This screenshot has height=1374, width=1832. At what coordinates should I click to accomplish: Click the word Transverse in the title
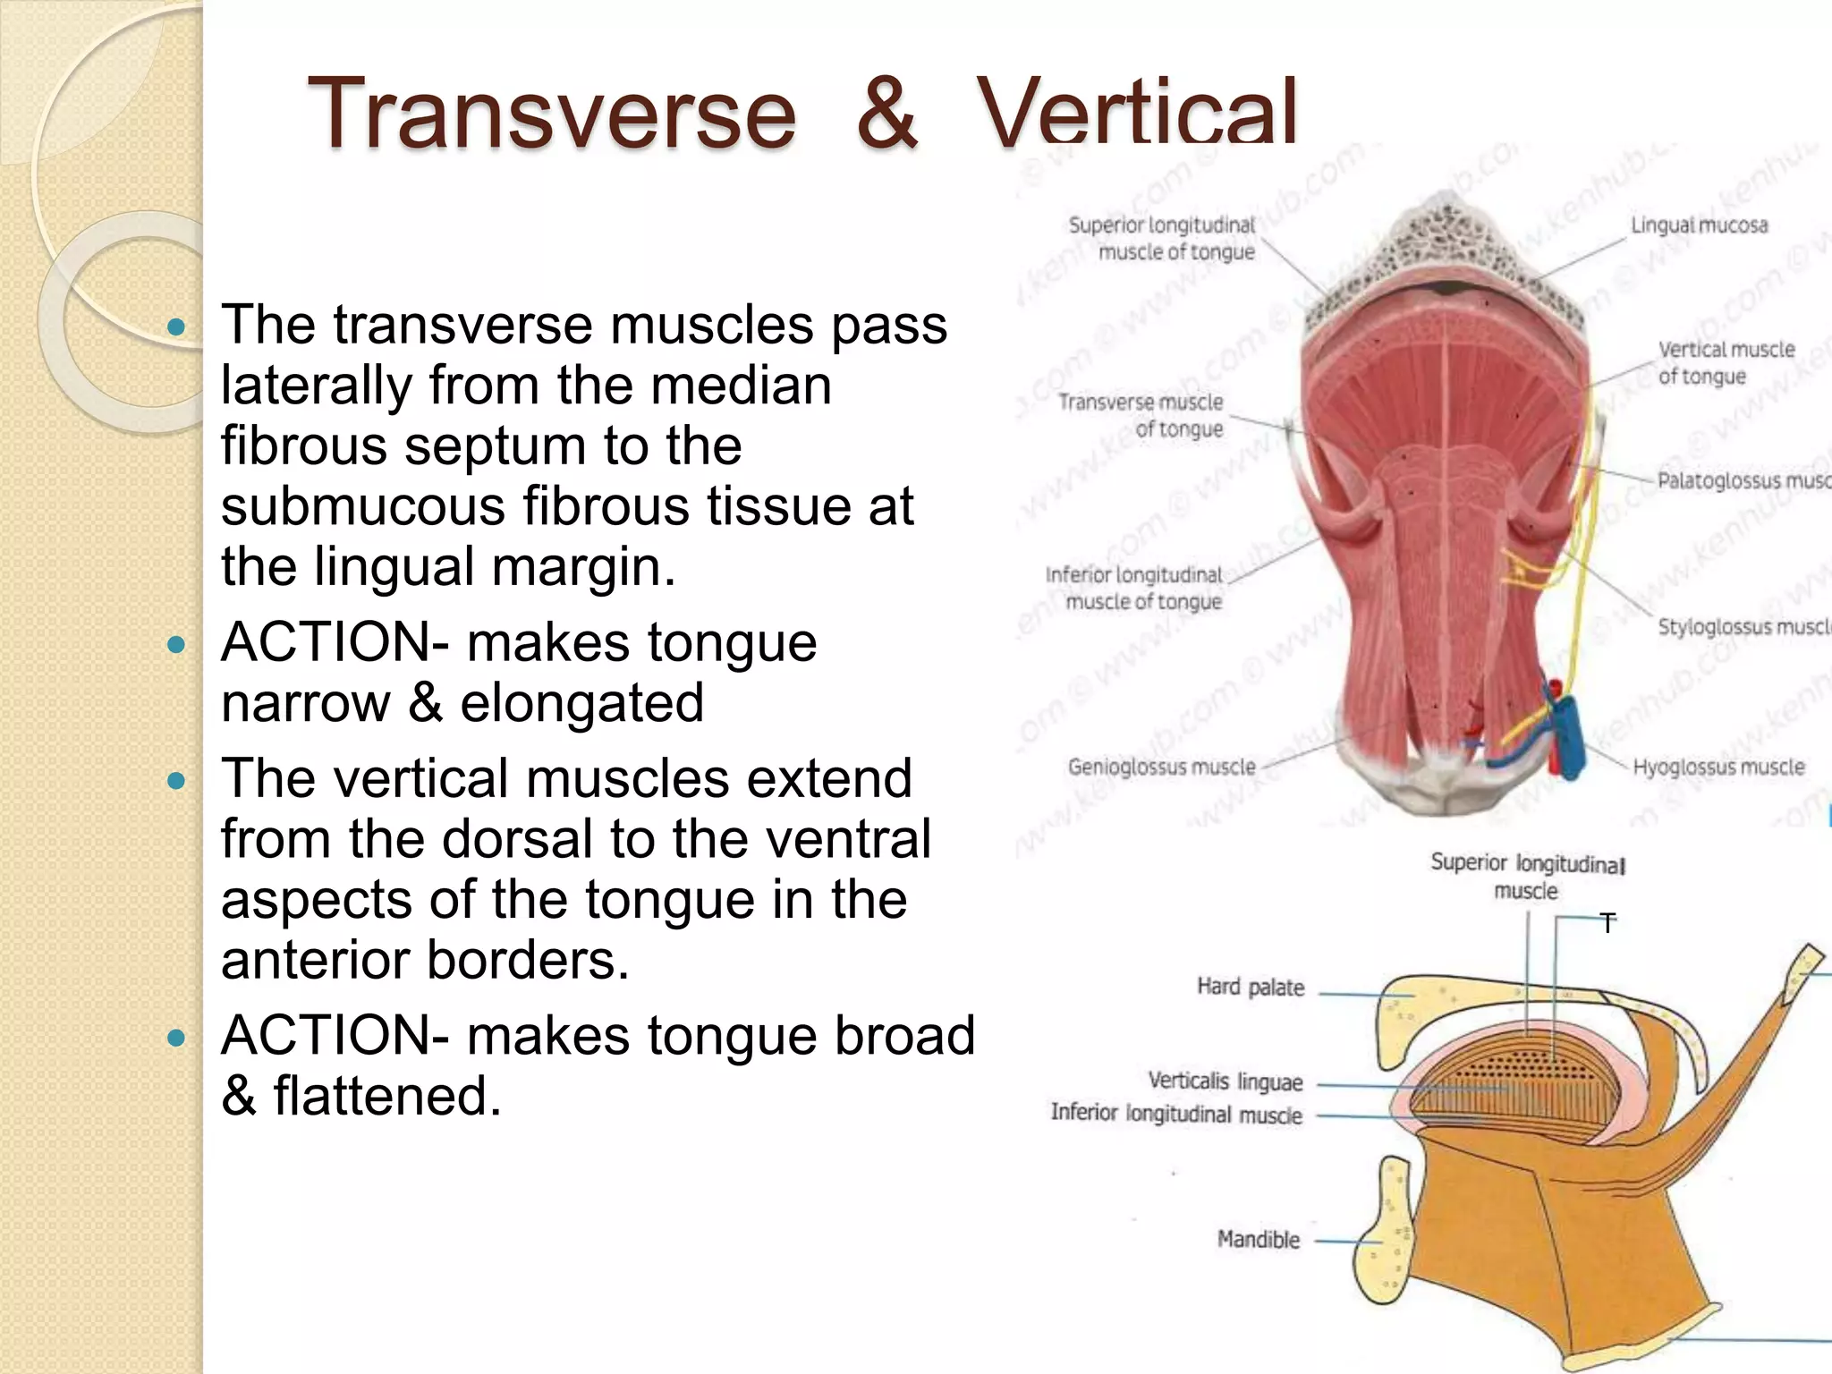[551, 114]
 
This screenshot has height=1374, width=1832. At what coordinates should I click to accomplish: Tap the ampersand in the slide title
[886, 114]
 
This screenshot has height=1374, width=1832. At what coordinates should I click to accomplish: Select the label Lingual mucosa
[1699, 225]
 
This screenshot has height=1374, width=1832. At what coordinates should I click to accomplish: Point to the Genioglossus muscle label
[1161, 767]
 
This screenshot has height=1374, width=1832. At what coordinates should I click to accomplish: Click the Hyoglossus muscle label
[1717, 767]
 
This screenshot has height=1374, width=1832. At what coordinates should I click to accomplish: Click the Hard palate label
[1251, 987]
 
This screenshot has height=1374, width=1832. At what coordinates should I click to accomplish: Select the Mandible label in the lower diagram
[1258, 1239]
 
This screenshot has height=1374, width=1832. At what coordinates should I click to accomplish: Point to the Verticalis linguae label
[1225, 1081]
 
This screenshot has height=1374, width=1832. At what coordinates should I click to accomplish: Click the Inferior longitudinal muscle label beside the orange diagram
[1175, 1114]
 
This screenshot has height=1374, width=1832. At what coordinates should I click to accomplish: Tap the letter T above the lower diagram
[1608, 923]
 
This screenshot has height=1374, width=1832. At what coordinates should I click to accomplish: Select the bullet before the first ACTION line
[176, 643]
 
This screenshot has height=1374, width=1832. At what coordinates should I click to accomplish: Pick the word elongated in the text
[581, 702]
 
